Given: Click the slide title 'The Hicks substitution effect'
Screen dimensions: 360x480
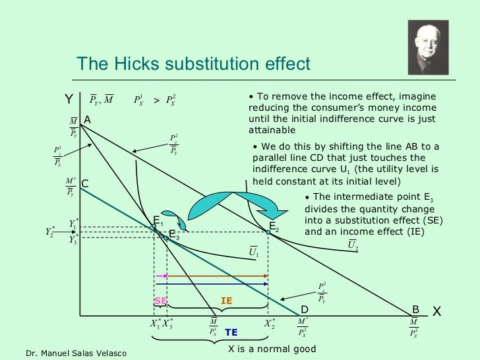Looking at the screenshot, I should [193, 63].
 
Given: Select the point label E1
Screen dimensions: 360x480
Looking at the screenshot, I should [158, 220].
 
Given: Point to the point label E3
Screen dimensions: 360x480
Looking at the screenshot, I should [173, 234].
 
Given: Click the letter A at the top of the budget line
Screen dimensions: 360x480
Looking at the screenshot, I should [87, 119].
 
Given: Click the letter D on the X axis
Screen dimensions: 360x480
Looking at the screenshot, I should [305, 309].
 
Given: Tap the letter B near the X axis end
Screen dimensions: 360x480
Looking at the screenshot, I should [415, 309].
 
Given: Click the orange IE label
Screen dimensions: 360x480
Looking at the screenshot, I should [226, 301].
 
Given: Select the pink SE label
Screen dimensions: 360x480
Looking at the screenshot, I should [160, 301].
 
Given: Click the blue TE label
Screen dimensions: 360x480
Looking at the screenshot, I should [231, 332].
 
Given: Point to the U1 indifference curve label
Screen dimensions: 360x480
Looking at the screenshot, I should [254, 252].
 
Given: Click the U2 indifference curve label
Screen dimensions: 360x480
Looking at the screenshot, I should [353, 246].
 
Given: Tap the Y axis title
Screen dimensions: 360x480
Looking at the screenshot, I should [69, 100].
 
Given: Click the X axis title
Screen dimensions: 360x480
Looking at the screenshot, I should [436, 311].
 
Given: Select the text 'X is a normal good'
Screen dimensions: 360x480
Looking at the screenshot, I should [272, 349].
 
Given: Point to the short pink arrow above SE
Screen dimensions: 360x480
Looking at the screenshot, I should [161, 275].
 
